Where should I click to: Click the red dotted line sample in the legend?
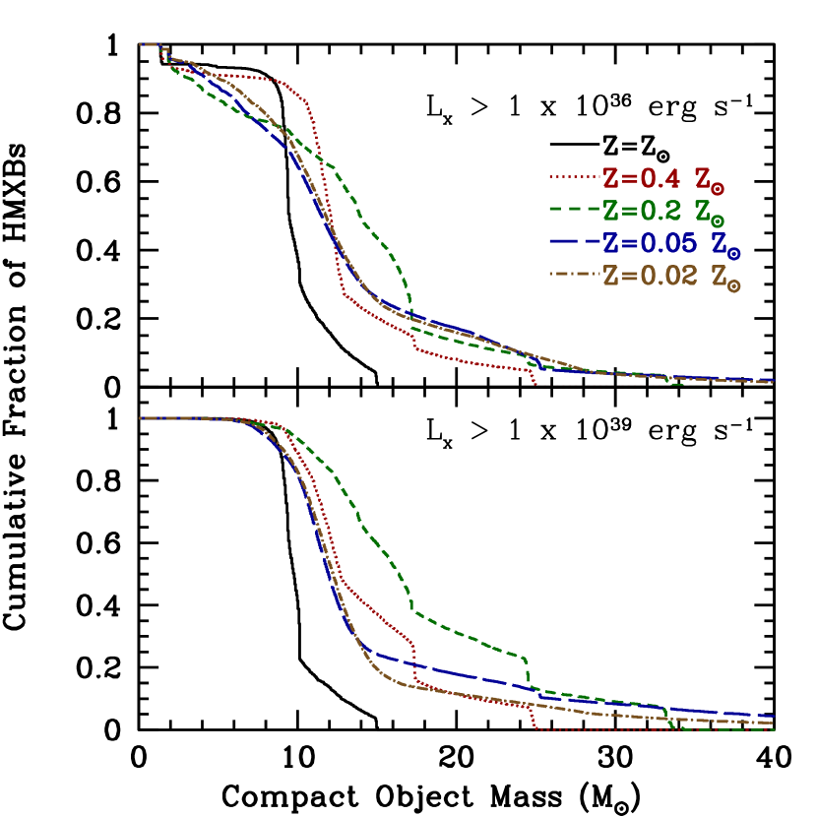point(575,178)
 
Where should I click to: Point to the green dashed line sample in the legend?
point(575,210)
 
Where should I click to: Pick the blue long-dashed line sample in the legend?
point(575,242)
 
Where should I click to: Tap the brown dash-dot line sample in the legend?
point(575,275)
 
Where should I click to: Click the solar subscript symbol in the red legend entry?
point(720,186)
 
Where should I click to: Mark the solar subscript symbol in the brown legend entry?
point(734,285)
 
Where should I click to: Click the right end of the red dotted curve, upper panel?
point(534,383)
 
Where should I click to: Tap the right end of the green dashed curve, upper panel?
point(682,384)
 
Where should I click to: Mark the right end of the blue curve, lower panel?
point(774,717)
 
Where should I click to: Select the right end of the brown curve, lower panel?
point(774,723)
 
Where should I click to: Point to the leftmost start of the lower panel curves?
point(141,418)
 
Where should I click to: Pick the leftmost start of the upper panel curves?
point(141,44)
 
